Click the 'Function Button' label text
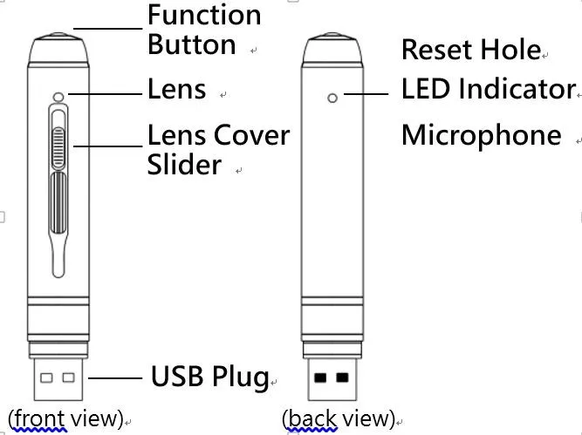coord(204,31)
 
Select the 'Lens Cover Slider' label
coord(217,150)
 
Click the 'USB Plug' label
coord(209,377)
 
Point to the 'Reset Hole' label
coord(470,50)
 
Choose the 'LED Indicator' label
coord(488,89)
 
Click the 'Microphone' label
coord(481,135)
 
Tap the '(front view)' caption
coord(65,418)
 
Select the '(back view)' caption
coord(339,418)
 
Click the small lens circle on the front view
coord(58,97)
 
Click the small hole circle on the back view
coord(332,98)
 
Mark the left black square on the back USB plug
coord(320,378)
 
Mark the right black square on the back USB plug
coord(342,378)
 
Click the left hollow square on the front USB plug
coord(47,378)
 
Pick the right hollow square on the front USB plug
coord(70,378)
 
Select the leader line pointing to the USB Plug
coord(115,378)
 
